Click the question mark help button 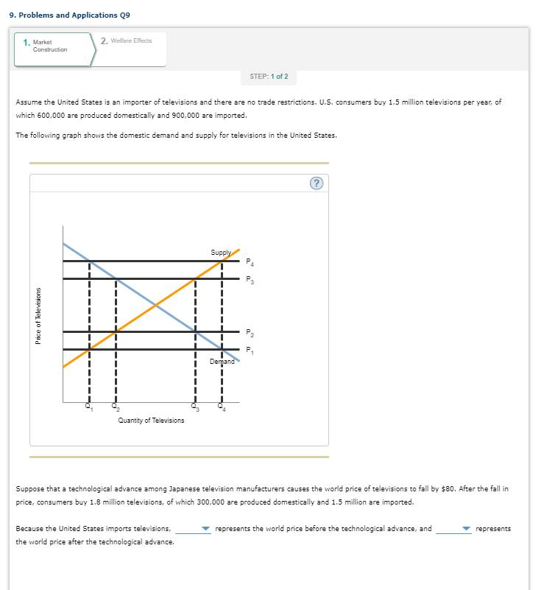point(316,184)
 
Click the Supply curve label point(220,253)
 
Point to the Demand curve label point(222,362)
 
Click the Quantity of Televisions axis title point(151,420)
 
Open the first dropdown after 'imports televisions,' point(194,529)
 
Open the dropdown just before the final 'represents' point(453,529)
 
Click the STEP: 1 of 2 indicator point(269,77)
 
